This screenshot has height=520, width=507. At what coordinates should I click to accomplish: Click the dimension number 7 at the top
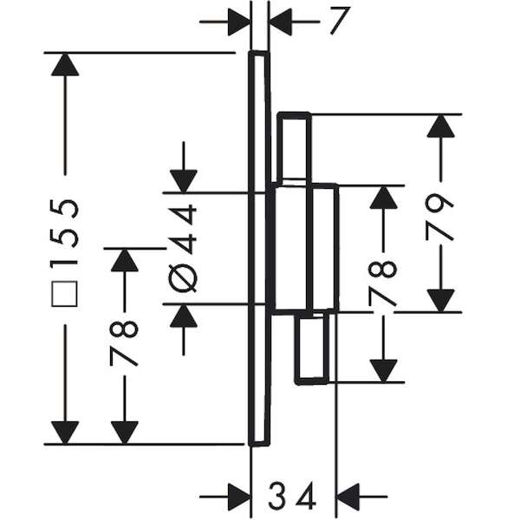340,21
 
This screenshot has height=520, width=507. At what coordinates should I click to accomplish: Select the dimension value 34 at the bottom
292,496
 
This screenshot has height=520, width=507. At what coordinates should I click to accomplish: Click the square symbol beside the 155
64,294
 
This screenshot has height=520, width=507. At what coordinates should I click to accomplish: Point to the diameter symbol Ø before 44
182,280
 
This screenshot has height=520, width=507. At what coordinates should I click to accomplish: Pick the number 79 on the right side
439,218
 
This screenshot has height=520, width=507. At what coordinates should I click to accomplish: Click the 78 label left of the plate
123,343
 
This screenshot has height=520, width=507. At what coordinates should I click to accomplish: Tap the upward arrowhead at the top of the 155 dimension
65,64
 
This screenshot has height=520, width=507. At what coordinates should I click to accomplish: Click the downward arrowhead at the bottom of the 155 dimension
65,432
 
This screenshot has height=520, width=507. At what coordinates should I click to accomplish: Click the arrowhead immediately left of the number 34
239,497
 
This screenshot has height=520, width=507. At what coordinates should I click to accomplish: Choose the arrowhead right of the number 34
348,497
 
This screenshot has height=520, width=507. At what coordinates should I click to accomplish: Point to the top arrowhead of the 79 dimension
440,126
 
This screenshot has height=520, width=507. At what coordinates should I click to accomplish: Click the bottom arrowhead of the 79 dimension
440,301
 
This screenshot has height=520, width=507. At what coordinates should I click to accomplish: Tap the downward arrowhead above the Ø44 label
184,181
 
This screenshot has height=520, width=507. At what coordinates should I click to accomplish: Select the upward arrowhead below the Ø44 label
184,315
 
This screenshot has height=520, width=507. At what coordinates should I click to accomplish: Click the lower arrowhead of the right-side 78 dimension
384,371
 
